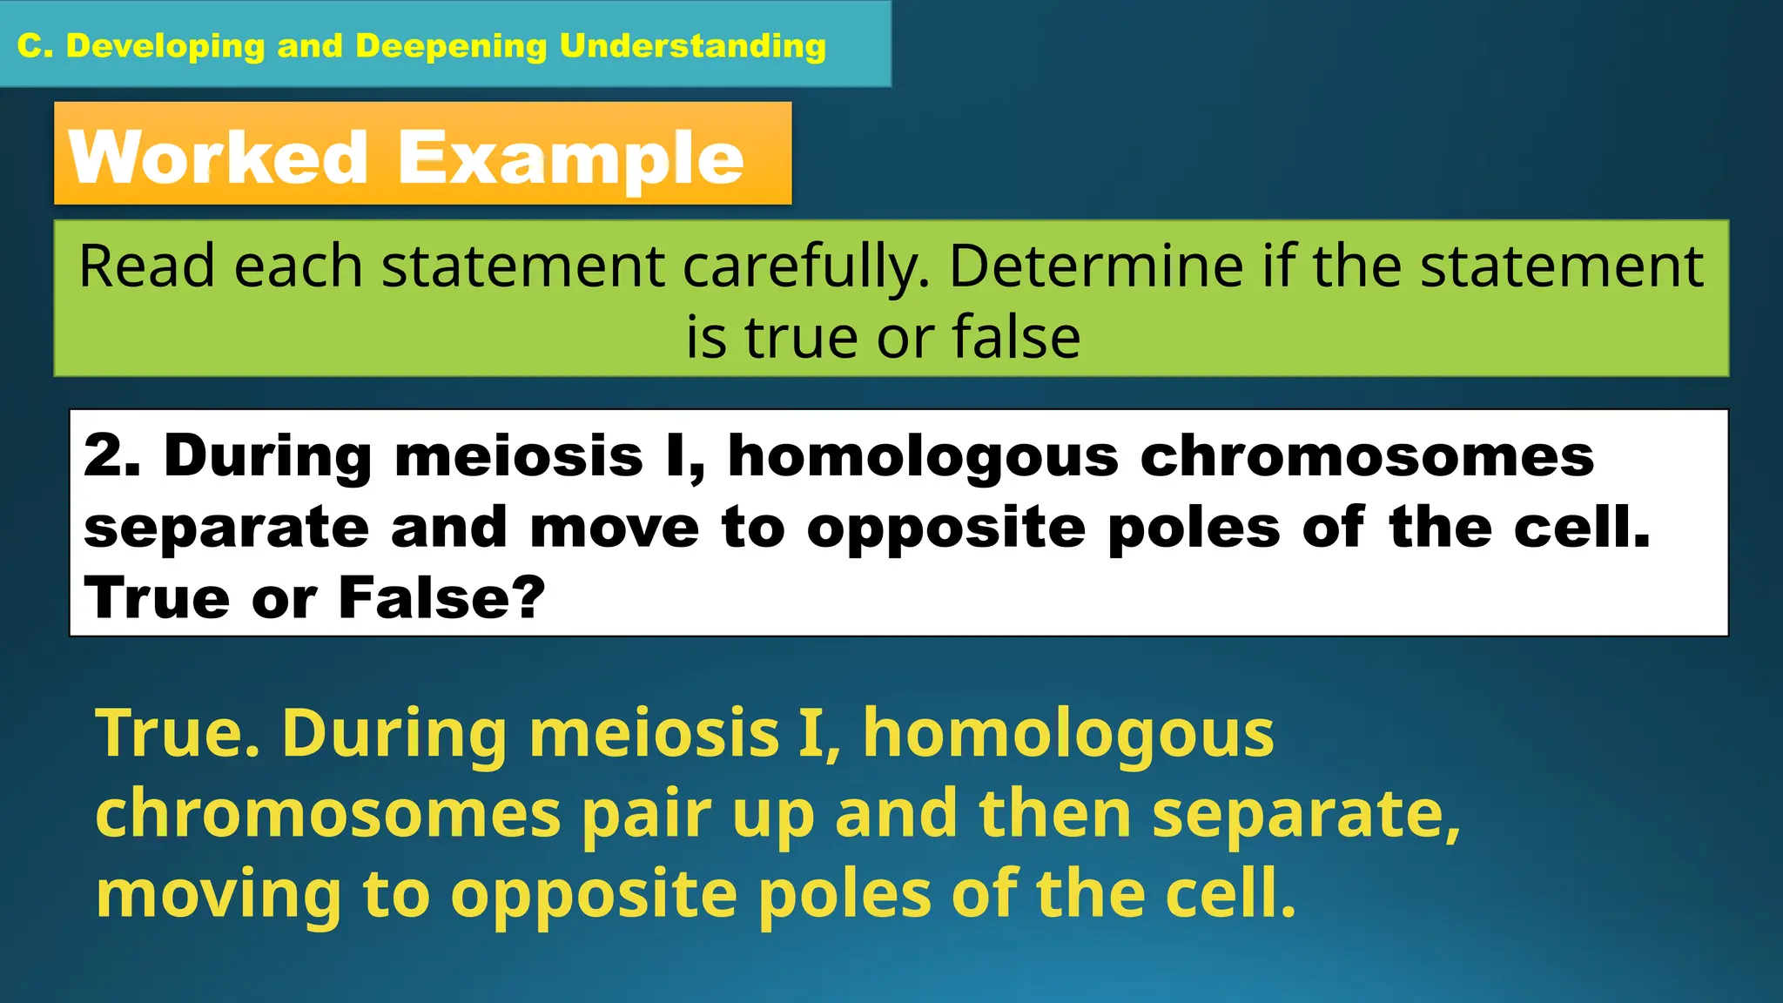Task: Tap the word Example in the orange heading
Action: click(x=571, y=158)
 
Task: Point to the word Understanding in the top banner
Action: click(x=693, y=45)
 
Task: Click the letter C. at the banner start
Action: click(x=36, y=45)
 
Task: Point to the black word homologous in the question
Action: click(x=923, y=457)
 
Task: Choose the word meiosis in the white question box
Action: click(x=519, y=455)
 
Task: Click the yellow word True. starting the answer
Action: click(x=178, y=733)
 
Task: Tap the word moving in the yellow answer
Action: click(x=219, y=895)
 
